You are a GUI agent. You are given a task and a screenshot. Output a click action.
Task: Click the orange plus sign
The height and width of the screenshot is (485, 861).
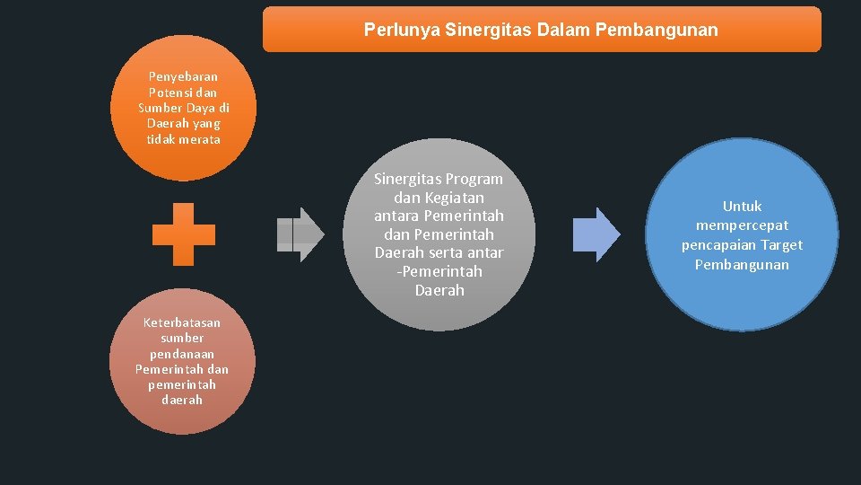tap(184, 234)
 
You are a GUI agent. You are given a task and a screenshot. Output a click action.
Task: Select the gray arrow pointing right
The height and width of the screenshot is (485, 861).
tap(300, 234)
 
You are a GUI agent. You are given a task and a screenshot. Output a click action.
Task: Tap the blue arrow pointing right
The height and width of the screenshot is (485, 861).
tap(596, 234)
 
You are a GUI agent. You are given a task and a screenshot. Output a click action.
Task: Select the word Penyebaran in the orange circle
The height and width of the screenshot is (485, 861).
tap(184, 76)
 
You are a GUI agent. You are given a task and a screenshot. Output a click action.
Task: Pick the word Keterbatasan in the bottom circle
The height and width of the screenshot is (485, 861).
tap(182, 322)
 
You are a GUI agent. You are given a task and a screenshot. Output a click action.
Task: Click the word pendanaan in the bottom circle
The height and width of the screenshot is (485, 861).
tap(182, 354)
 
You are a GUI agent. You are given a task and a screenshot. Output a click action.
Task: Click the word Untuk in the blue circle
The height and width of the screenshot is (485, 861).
tap(742, 206)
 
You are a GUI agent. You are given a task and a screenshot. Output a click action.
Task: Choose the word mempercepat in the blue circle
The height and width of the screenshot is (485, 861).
tap(742, 225)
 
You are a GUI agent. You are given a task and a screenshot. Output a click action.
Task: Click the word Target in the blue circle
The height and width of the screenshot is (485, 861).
tap(781, 245)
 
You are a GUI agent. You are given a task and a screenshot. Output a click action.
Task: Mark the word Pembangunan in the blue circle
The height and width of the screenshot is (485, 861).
tap(742, 265)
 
